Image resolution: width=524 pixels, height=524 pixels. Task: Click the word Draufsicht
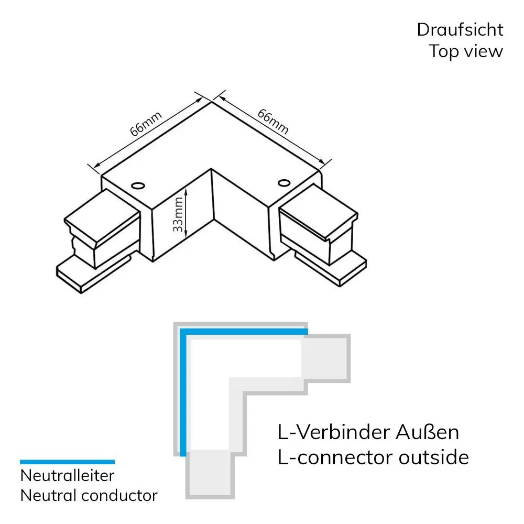pos(460,30)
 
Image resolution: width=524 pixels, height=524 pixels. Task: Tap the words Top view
pos(466,51)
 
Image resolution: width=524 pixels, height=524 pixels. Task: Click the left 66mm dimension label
pos(146,124)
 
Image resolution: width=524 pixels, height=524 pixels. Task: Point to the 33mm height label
pos(179,214)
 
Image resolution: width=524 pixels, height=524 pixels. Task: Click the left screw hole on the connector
pos(138,185)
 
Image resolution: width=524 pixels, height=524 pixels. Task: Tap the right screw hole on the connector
pos(284,182)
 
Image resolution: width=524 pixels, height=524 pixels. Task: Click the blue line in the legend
pos(67,462)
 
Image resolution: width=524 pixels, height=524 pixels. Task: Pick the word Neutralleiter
pos(67,476)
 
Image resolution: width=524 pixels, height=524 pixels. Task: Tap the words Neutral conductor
pos(89,495)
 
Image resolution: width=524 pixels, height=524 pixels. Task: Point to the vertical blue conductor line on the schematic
pos(182,393)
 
